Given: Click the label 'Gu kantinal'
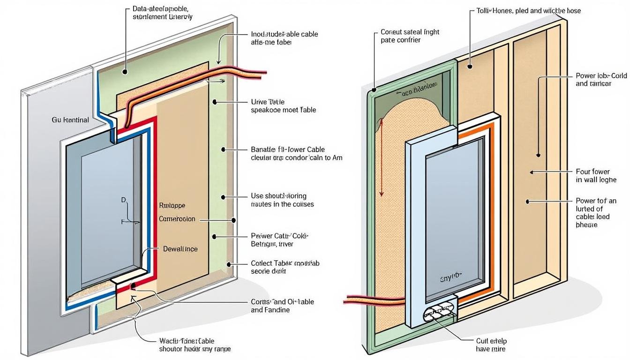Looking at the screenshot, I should [x=70, y=120].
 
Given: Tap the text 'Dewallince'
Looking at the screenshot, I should [x=180, y=249].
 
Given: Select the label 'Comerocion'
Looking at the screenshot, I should [x=177, y=219].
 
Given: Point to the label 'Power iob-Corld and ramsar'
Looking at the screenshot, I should [x=594, y=80].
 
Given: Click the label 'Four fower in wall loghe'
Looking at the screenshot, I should [x=596, y=176].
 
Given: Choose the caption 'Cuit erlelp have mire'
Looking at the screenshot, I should [x=491, y=345].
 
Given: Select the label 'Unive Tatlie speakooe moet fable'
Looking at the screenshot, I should [x=283, y=106].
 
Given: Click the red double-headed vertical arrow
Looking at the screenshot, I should [x=382, y=157].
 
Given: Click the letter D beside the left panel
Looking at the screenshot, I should [x=124, y=200].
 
